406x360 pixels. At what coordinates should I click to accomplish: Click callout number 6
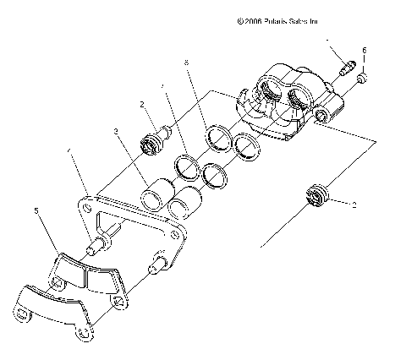pos(365,51)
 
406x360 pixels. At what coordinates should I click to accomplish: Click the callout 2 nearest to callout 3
pos(144,104)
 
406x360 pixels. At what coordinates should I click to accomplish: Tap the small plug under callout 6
pos(360,79)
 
